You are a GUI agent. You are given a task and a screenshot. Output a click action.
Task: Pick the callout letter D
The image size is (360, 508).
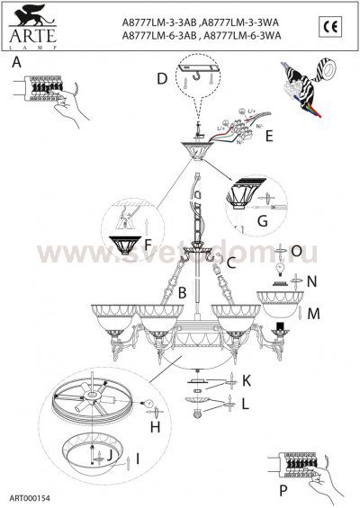pyautogui.click(x=160, y=79)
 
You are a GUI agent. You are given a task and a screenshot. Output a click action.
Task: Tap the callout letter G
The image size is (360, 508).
pyautogui.click(x=263, y=219)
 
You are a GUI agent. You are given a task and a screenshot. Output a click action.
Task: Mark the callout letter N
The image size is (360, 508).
pyautogui.click(x=311, y=281)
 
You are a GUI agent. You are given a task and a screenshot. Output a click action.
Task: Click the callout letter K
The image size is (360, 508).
pyautogui.click(x=245, y=382)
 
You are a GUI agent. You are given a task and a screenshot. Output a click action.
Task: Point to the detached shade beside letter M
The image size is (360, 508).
pyautogui.click(x=281, y=298)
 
